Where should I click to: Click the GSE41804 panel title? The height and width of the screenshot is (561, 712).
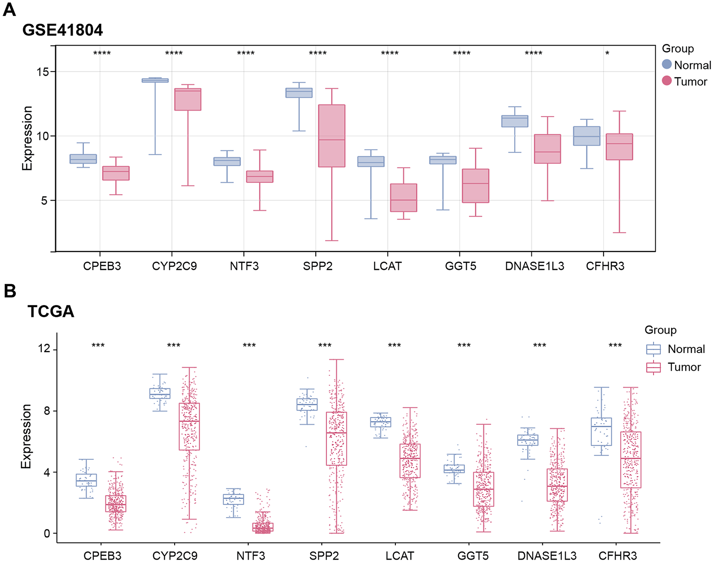click(x=63, y=30)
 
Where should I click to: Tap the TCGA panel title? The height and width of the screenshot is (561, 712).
click(x=51, y=311)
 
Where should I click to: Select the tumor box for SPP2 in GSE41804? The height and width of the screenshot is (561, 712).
click(x=332, y=136)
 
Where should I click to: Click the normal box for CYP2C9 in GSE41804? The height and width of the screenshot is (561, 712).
click(x=155, y=80)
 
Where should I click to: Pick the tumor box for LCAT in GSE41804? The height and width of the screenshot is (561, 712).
click(x=404, y=198)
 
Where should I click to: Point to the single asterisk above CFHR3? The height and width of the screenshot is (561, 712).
click(x=607, y=53)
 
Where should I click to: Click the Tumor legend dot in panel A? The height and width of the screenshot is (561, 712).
click(x=667, y=81)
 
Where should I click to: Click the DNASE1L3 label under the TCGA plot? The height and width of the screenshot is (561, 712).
click(x=547, y=556)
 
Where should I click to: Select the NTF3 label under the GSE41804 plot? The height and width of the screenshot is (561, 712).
click(x=244, y=266)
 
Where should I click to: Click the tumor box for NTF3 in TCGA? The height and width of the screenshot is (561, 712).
click(x=263, y=527)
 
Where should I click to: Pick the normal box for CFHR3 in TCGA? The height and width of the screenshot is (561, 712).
click(x=601, y=431)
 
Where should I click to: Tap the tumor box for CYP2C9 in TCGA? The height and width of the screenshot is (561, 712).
click(x=189, y=426)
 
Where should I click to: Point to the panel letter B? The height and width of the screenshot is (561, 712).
click(x=9, y=291)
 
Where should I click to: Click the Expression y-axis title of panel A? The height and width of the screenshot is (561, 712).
click(x=27, y=138)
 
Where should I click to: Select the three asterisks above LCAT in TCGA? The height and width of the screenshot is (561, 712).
click(x=395, y=346)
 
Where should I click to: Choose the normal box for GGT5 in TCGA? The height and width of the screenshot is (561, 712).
click(x=454, y=469)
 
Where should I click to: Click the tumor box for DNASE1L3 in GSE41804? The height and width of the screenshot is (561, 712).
click(x=548, y=149)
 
